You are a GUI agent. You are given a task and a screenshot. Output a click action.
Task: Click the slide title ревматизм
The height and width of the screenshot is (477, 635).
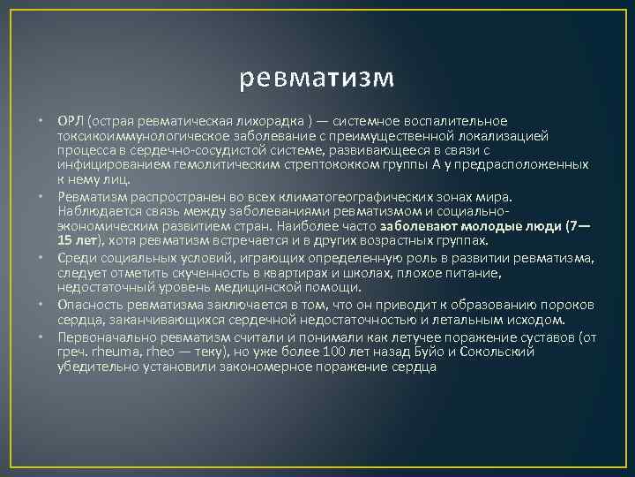tap(317, 78)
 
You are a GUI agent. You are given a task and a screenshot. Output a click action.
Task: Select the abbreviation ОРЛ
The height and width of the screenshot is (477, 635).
tap(70, 120)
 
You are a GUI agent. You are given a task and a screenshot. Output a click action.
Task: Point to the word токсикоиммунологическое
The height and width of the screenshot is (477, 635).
tap(133, 136)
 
